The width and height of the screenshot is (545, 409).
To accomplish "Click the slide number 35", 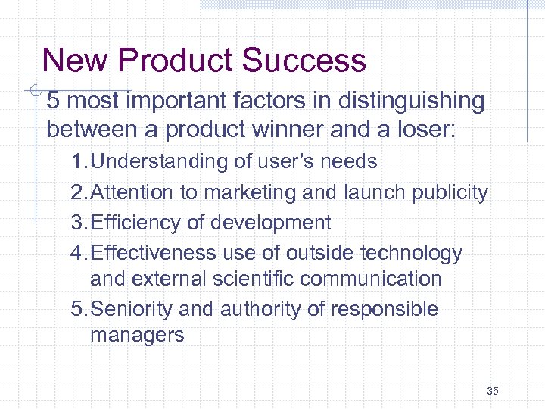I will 493,391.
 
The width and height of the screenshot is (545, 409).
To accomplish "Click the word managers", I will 137,335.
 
